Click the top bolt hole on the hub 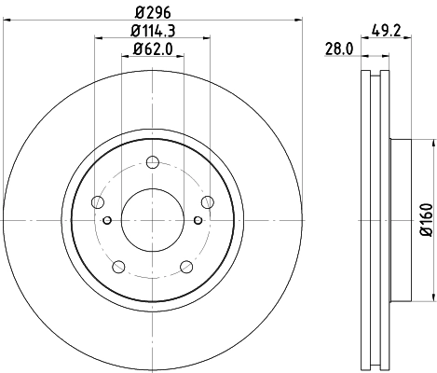[152, 162]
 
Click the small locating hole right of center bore [197, 220]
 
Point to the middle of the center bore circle [152, 220]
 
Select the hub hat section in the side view [399, 220]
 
